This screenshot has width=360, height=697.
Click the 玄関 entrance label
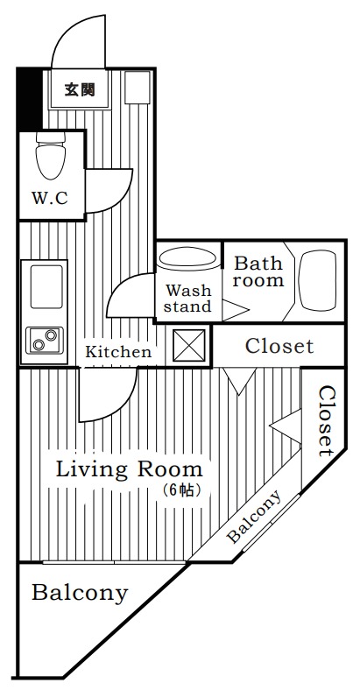pos(80,89)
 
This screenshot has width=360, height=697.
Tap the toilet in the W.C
pos(51,155)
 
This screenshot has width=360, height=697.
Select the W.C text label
pos(49,198)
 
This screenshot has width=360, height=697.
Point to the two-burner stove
pos(45,340)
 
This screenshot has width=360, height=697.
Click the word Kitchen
pos(118,352)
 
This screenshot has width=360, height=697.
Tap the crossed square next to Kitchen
pos(189,345)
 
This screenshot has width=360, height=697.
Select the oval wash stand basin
pos(188,257)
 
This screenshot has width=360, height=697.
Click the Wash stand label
pos(188,299)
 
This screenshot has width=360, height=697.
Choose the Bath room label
pos(258,271)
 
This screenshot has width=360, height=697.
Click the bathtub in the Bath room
pos(318,280)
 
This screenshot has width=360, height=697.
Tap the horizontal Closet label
pos(279,346)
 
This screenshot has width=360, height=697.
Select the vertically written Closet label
pos(326,421)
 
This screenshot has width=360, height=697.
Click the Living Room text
pos(129,470)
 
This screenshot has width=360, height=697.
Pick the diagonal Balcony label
pos(254,517)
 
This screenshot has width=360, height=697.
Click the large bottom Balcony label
pos(80,594)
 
